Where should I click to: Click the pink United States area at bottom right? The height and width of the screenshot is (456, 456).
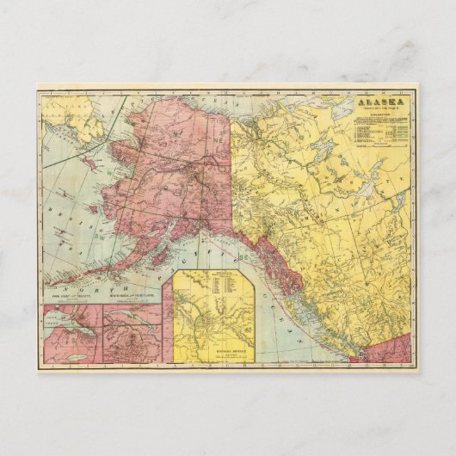coord(396,354)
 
